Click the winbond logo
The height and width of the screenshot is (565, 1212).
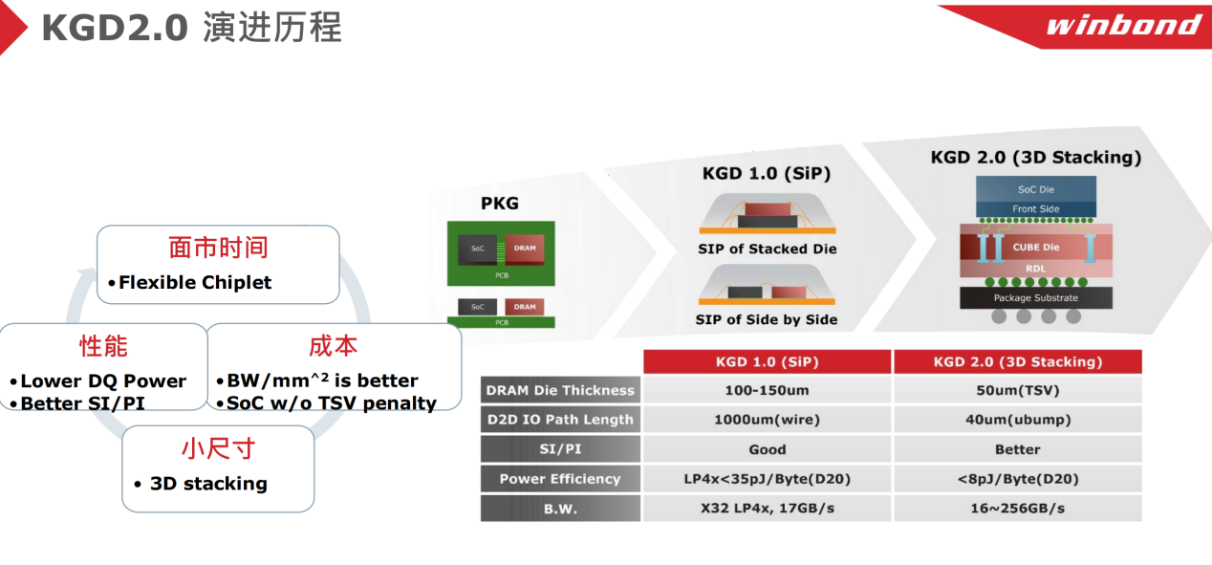click(x=1123, y=26)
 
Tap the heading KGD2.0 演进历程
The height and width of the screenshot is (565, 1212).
click(x=192, y=27)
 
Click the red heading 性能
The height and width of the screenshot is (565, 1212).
click(x=103, y=346)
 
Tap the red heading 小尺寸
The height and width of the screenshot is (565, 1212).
click(x=218, y=448)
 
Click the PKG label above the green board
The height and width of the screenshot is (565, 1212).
click(x=500, y=203)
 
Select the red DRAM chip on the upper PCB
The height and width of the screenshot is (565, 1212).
click(x=525, y=249)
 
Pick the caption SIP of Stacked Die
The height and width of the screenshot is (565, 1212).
click(x=768, y=249)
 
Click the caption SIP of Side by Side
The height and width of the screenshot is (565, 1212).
click(x=767, y=320)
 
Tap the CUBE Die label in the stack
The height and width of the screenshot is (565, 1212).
click(x=1036, y=248)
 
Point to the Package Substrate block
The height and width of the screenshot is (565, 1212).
click(x=1036, y=297)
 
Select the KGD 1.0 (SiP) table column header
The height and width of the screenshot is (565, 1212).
click(x=768, y=361)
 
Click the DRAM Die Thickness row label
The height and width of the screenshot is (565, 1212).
click(x=560, y=390)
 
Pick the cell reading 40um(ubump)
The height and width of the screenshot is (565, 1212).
click(x=1018, y=420)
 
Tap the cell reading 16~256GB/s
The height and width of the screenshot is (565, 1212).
click(x=1018, y=509)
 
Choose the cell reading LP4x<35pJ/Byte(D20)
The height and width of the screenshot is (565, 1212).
click(x=768, y=479)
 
